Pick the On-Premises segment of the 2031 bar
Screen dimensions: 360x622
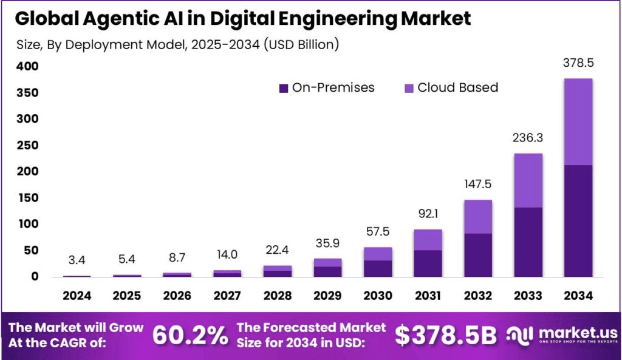coord(428,263)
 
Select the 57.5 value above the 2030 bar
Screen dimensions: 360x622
coord(378,232)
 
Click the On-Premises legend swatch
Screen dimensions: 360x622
coord(284,89)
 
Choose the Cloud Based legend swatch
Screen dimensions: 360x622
coord(409,89)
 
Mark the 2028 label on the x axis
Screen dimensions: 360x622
coord(278,296)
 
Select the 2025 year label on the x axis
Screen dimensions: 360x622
coord(127,296)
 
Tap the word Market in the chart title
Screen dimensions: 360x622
coord(436,19)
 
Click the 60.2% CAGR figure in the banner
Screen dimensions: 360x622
coord(190,335)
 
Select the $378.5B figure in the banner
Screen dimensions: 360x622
coord(445,335)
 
